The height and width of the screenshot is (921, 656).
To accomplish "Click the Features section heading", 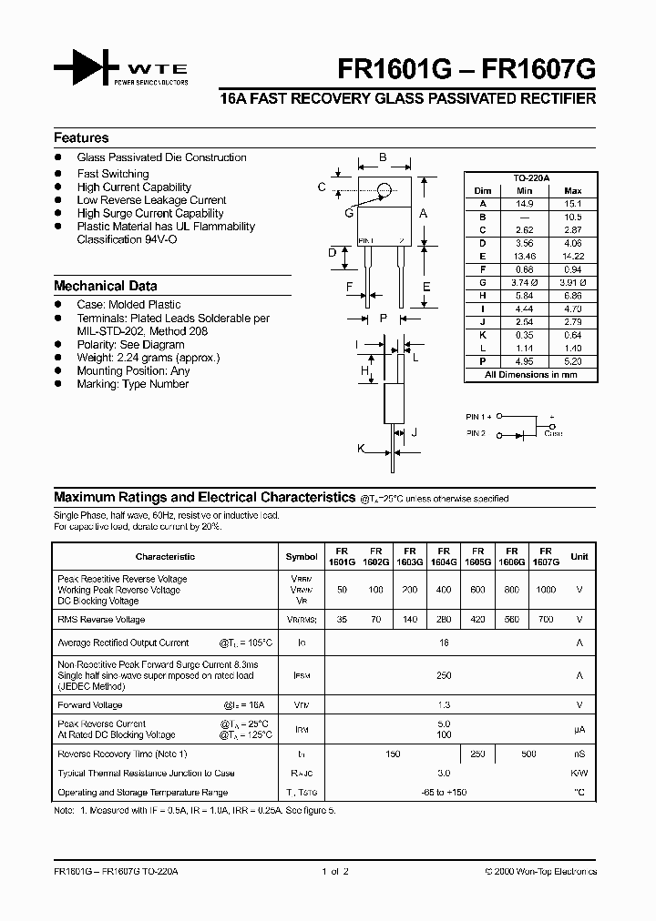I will click(81, 138).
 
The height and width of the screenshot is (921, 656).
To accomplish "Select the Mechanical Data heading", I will click(105, 286).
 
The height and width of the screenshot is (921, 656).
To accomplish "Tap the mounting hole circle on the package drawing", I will click(384, 189).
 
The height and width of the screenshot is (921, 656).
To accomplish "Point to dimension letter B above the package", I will click(383, 157).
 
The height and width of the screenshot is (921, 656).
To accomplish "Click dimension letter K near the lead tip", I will click(361, 449).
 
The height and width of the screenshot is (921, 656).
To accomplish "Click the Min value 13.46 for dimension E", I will click(524, 258).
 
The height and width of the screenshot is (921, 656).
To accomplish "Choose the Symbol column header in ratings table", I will click(302, 556).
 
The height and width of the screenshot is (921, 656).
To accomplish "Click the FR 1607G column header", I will click(546, 557).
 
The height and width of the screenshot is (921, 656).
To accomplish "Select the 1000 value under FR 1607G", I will click(546, 590).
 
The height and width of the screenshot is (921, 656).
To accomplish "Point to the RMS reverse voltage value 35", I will click(342, 620).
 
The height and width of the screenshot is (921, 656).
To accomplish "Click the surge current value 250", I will click(444, 675).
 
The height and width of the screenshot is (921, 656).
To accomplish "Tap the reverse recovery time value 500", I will click(529, 754).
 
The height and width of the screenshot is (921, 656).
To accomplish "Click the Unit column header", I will click(579, 556).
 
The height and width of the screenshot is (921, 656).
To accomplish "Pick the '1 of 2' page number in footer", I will click(334, 872).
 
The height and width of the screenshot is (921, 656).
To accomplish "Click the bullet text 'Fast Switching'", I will click(113, 174).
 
